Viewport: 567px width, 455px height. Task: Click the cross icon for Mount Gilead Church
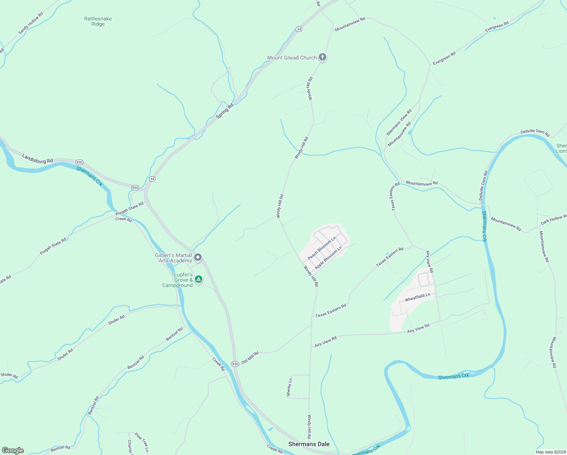click(x=323, y=57)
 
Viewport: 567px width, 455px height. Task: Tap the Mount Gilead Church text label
click(x=292, y=58)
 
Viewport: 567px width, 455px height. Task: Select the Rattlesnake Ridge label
click(x=98, y=21)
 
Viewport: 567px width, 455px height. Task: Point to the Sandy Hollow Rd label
click(x=31, y=24)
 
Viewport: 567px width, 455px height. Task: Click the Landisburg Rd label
click(x=37, y=158)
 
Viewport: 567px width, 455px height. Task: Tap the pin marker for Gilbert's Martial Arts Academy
click(x=198, y=258)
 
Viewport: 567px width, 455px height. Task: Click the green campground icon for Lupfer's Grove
click(x=198, y=280)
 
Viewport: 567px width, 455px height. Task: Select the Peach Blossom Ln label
click(x=322, y=248)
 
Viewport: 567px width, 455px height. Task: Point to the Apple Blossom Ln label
click(x=328, y=257)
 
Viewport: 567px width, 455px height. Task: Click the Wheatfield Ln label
click(x=417, y=297)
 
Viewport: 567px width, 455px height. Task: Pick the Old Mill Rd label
click(x=250, y=358)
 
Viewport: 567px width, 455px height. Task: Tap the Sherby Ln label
click(x=290, y=388)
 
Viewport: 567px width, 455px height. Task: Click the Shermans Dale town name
click(x=309, y=444)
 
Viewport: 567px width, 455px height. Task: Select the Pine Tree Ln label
click(x=141, y=442)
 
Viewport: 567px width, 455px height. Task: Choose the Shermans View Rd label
click(x=399, y=122)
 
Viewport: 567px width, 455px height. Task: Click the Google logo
click(x=13, y=450)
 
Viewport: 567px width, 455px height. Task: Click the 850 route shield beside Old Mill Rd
click(x=235, y=364)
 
